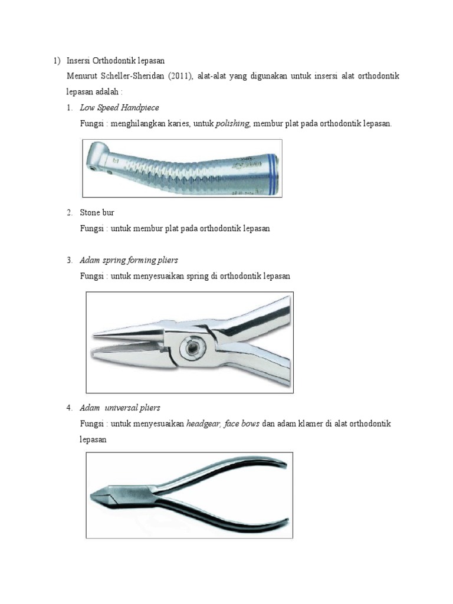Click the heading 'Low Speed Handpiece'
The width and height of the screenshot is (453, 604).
coord(119,107)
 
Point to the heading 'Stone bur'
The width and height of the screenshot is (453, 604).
coord(97,212)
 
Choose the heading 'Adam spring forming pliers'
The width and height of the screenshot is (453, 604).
coord(129,260)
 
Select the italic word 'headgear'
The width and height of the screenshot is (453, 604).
coord(203,424)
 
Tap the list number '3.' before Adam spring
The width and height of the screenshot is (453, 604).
coord(70,260)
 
